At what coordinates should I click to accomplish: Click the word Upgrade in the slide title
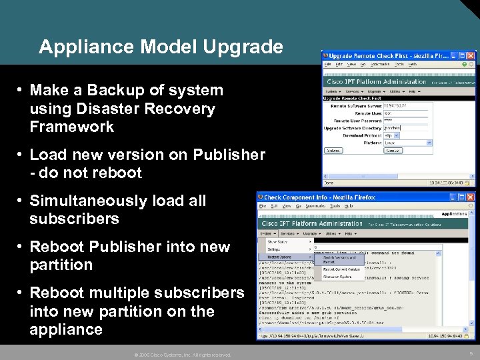pyautogui.click(x=246, y=47)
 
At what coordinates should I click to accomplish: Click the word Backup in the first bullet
pyautogui.click(x=108, y=90)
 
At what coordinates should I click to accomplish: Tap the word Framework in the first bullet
pyautogui.click(x=72, y=127)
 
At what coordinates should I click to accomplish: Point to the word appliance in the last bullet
pyautogui.click(x=66, y=329)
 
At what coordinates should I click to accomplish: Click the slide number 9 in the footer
pyautogui.click(x=470, y=354)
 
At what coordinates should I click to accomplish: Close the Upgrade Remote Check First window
pyautogui.click(x=471, y=55)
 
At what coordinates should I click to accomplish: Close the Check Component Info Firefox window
pyautogui.click(x=471, y=197)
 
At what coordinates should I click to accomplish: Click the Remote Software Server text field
pyautogui.click(x=407, y=105)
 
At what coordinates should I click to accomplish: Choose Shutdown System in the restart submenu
pyautogui.click(x=338, y=277)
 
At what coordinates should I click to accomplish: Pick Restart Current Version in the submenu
pyautogui.click(x=342, y=269)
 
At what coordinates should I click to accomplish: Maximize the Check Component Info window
pyautogui.click(x=462, y=197)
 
